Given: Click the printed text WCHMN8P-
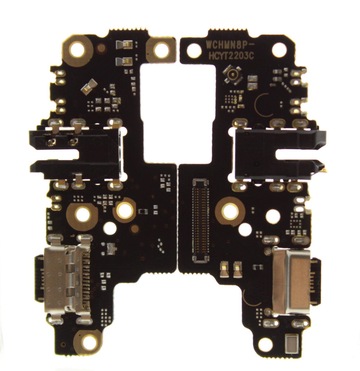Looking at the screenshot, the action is point(227,44).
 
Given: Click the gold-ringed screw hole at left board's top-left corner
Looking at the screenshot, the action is point(77,50).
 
